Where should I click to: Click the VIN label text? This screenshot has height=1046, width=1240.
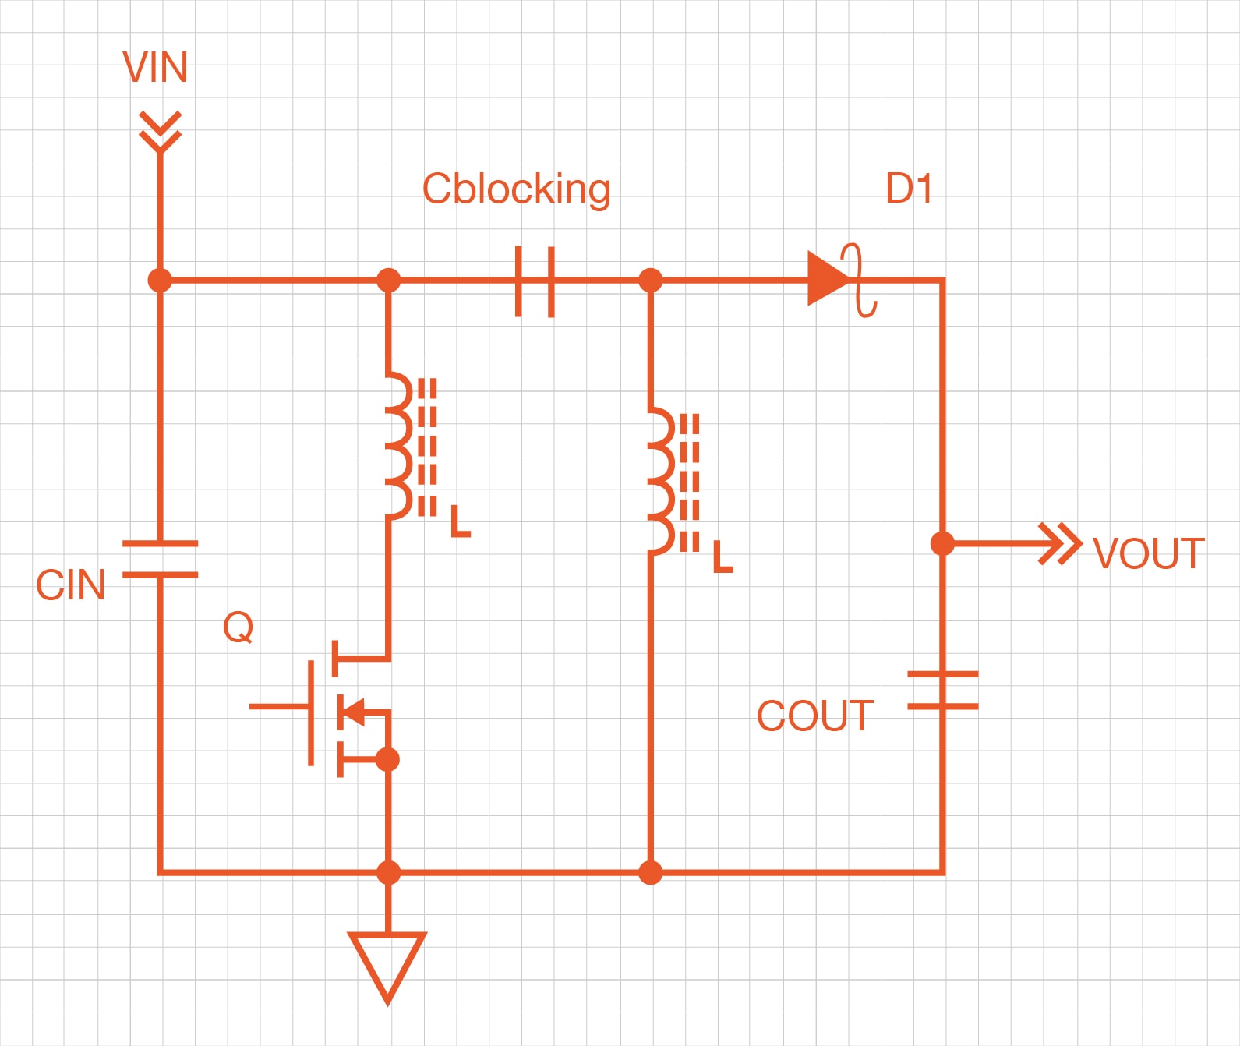coord(155,68)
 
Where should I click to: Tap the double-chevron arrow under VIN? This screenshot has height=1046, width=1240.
coord(160,131)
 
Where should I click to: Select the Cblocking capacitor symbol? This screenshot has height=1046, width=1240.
coord(535,281)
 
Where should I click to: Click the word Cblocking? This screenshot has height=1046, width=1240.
coord(516,189)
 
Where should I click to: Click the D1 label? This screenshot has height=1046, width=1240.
coord(909,189)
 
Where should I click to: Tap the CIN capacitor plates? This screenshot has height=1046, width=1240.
coord(160,559)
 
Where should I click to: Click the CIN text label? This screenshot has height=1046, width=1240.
coord(70,585)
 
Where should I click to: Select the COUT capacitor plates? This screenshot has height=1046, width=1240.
coord(942,690)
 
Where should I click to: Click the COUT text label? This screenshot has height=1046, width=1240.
coord(814,716)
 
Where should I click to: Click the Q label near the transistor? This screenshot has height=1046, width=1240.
coord(238,627)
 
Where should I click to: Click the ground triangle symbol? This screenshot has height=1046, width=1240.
coord(387,963)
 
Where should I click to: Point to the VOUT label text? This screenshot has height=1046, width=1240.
coord(1148,554)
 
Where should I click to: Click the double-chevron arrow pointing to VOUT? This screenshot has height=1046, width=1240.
coord(1061,543)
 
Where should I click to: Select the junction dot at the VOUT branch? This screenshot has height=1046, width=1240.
coord(942,543)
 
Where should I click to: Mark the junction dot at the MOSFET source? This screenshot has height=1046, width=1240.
coord(387,759)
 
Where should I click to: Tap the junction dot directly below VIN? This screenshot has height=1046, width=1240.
coord(160,279)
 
